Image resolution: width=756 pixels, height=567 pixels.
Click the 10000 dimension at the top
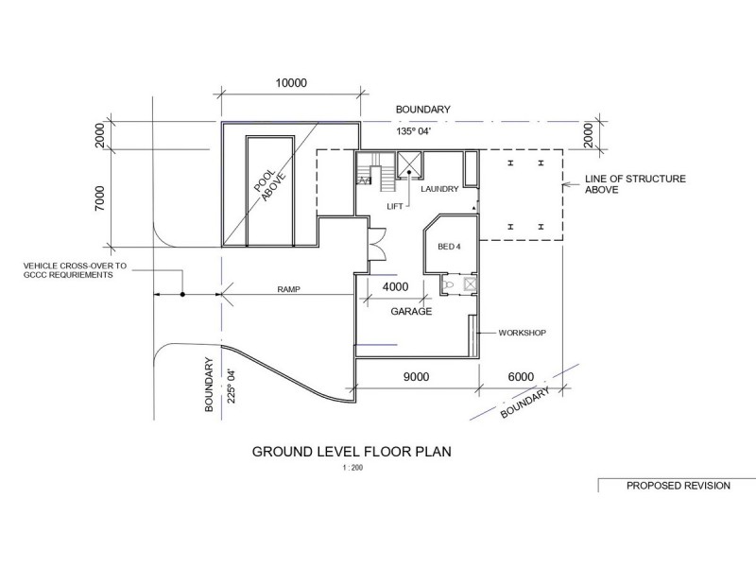coord(291,83)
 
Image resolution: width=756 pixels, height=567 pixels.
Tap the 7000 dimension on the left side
coord(99,198)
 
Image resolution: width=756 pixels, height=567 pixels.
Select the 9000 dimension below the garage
coord(416,376)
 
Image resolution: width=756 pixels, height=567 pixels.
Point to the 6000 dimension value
coord(521,376)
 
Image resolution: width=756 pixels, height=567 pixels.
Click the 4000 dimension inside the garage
coord(395,287)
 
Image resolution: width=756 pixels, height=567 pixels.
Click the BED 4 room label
coord(449,247)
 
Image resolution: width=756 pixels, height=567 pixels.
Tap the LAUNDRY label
coord(439,189)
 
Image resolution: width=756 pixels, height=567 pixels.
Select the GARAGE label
coord(411,312)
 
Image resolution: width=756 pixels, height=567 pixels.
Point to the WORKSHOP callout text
coord(523,333)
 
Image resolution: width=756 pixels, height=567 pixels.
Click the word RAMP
coord(289,289)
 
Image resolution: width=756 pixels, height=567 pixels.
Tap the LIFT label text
coord(395,206)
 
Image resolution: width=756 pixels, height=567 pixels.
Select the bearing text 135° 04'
coord(414,131)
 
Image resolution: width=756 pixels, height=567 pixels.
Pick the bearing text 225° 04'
coord(232,387)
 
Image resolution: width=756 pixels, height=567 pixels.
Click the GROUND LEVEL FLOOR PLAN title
coord(352,452)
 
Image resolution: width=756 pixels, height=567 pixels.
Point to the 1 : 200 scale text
coord(352,468)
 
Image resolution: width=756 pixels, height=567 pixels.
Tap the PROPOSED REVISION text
coord(679,486)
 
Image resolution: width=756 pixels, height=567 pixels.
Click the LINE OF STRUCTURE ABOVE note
coord(635,184)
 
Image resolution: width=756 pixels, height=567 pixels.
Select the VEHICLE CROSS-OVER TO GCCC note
coord(75,270)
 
